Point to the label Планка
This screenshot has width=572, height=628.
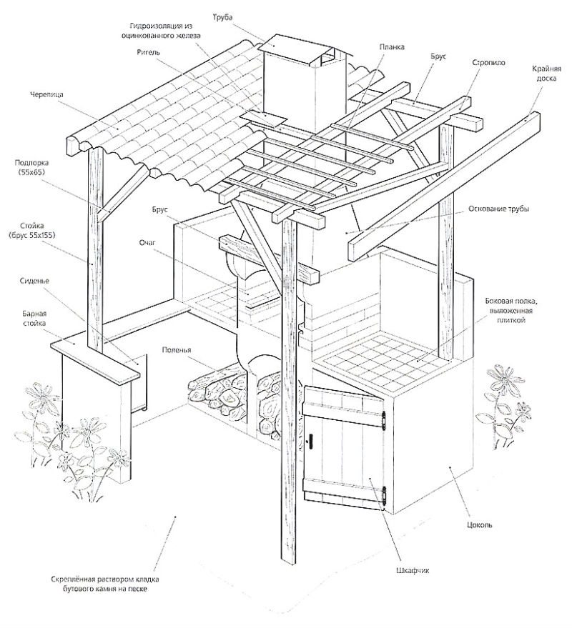coord(393,46)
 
